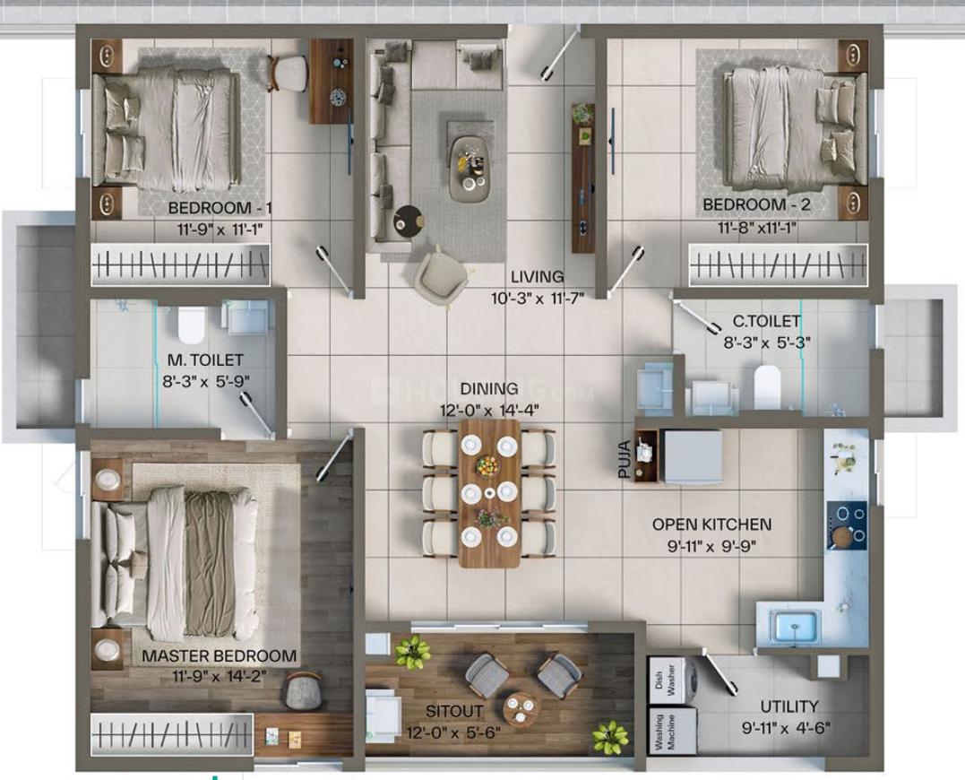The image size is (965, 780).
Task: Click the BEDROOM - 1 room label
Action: tap(220, 209)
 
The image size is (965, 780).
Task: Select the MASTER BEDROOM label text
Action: tap(219, 656)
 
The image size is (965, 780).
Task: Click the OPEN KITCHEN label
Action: tap(711, 524)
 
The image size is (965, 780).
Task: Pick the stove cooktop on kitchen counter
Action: tap(847, 525)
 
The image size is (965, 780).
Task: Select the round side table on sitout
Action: tap(521, 708)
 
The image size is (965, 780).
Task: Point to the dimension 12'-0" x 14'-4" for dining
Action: tap(489, 411)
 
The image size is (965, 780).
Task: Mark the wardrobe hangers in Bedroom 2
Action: tap(778, 265)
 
